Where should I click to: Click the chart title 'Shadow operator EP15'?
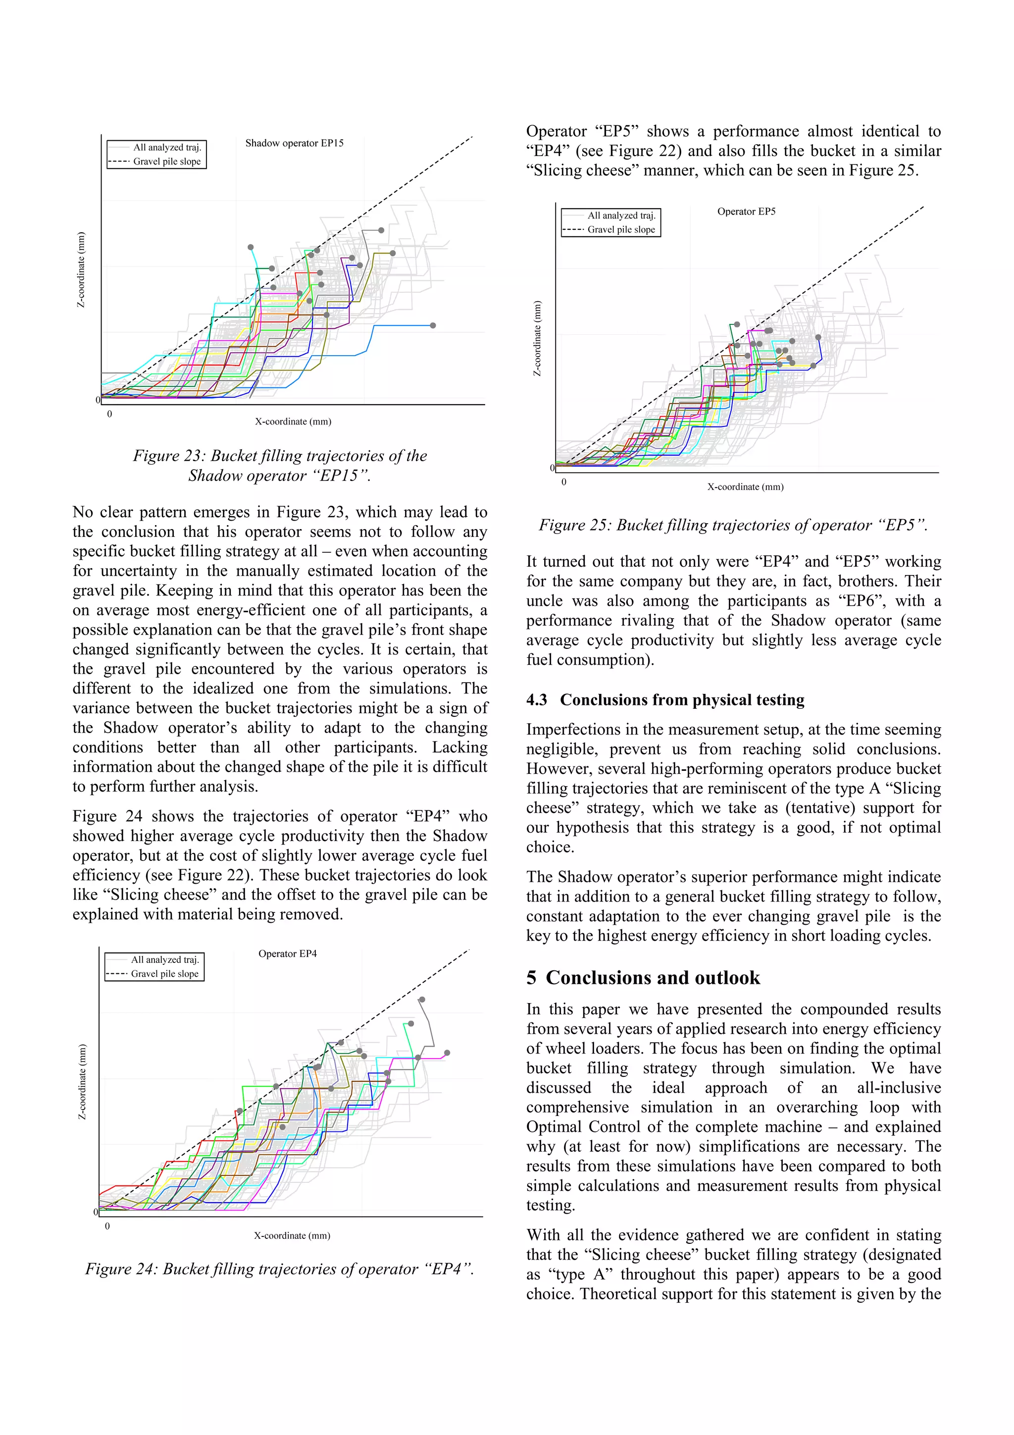coord(294,143)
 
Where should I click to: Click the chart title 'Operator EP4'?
coord(287,954)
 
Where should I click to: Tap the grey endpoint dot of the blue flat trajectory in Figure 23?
coord(433,325)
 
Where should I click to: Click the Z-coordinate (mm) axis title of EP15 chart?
coord(81,269)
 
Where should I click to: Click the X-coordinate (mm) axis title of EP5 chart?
coord(745,486)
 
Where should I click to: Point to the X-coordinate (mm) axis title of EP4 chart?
coord(292,1235)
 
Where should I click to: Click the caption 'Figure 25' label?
coord(574,525)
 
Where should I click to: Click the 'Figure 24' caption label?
coord(121,1269)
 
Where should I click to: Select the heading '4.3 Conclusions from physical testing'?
coord(665,700)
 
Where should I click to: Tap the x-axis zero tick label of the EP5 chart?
coord(563,482)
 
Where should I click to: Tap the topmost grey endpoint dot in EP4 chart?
coord(422,1000)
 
